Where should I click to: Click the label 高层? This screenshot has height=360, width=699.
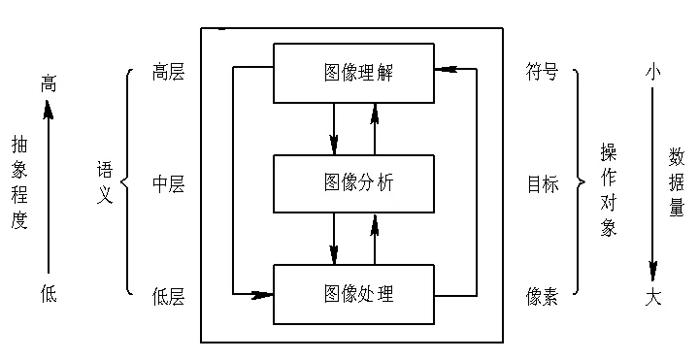pos(168,73)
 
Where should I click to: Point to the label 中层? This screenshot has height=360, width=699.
pos(168,183)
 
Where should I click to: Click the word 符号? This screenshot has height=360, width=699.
pos(543,73)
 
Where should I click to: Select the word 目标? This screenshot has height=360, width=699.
pos(543,183)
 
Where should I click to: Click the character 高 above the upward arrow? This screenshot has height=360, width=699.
pos(49,84)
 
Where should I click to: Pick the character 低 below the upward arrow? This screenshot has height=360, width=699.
pos(49,293)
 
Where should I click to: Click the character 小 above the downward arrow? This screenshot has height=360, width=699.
pos(653,71)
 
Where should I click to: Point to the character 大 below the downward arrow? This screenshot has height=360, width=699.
pos(653,298)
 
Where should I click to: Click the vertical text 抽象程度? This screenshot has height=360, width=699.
pos(18,181)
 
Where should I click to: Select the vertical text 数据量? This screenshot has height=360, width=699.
pos(677,181)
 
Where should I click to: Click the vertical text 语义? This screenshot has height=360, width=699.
pos(105,181)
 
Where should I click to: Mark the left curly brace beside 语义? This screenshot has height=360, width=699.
pos(126,181)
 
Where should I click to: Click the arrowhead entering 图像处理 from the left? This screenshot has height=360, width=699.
pos(262,293)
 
